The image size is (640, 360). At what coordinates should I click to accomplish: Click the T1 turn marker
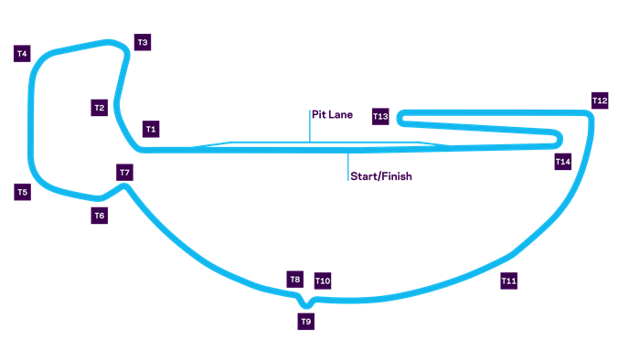151,129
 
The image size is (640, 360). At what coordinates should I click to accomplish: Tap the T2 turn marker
100,108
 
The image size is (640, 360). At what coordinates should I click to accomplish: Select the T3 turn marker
143,42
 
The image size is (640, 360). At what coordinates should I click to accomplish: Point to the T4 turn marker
22,53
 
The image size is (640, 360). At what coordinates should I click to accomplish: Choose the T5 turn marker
22,192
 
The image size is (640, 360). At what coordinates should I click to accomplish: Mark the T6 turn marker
100,216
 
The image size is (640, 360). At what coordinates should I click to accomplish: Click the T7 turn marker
125,173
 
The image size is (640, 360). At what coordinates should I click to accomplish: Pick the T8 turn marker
295,280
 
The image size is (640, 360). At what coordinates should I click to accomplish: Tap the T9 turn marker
306,322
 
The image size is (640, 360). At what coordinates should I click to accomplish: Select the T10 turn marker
323,281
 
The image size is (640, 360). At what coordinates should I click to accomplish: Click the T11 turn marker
509,281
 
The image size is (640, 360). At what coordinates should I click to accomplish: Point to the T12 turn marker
600,101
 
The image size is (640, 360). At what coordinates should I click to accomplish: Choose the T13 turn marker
380,116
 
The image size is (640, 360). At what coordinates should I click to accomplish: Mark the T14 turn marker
563,162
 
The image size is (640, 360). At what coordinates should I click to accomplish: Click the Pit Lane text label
333,115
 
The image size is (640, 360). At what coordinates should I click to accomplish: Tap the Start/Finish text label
381,176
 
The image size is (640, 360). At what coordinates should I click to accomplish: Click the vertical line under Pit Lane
310,126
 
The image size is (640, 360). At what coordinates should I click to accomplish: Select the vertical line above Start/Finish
348,165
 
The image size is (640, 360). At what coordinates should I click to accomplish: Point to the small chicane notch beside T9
306,302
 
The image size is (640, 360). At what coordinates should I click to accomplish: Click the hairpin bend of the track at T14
559,139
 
